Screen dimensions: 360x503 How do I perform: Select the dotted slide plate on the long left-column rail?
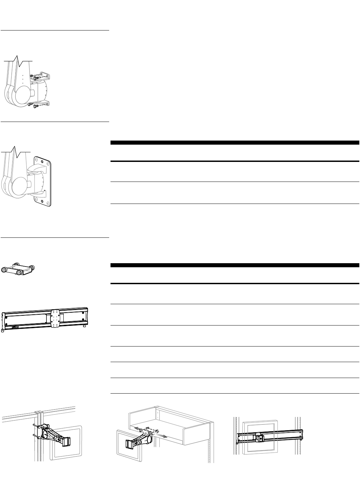pyautogui.click(x=55, y=318)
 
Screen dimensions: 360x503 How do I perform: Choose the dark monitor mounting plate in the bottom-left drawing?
pyautogui.click(x=66, y=441)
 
